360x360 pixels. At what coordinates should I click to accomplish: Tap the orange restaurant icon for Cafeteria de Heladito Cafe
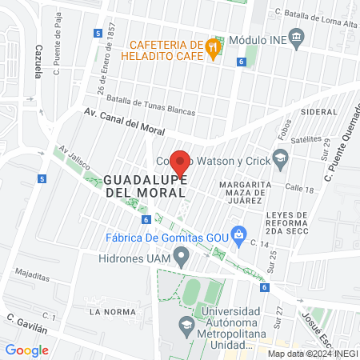212,46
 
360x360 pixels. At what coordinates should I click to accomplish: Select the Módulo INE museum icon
297,36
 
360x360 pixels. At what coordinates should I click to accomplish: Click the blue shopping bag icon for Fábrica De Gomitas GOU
238,234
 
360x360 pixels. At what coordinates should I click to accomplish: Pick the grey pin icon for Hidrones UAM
182,258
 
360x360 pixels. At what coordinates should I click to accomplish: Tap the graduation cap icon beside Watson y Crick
280,160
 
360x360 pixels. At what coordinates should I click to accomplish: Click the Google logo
26,350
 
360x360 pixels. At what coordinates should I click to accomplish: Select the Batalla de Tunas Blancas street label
151,107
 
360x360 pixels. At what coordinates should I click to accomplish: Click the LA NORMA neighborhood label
109,310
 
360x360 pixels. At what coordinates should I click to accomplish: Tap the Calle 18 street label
298,189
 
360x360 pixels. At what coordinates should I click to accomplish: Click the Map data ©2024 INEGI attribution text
312,353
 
